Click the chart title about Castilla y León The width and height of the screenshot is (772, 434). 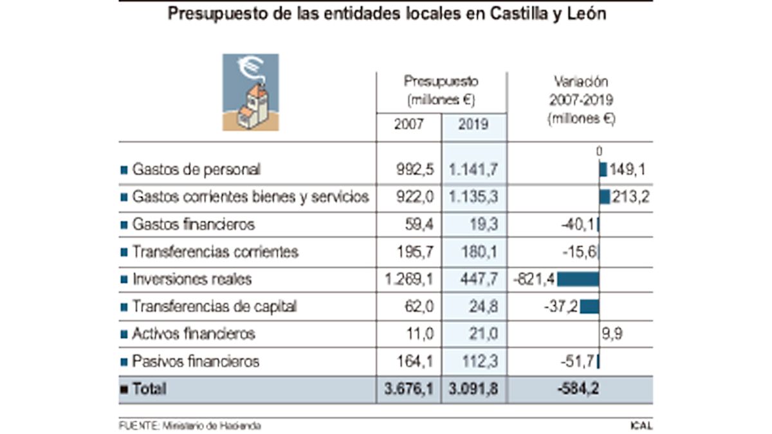[386, 14]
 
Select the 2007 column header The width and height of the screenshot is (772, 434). [409, 125]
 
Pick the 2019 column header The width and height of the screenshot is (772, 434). [473, 125]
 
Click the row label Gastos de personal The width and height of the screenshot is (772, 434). [196, 170]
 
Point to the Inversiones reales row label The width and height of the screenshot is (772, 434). [191, 279]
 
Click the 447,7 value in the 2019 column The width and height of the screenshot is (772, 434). [479, 279]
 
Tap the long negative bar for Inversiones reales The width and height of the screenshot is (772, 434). [578, 279]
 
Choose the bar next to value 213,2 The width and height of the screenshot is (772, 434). [605, 197]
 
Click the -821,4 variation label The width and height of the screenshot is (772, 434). [534, 279]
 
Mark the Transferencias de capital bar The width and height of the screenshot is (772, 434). [589, 307]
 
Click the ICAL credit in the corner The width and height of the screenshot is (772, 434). [641, 426]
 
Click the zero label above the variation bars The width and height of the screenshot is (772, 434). [599, 152]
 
